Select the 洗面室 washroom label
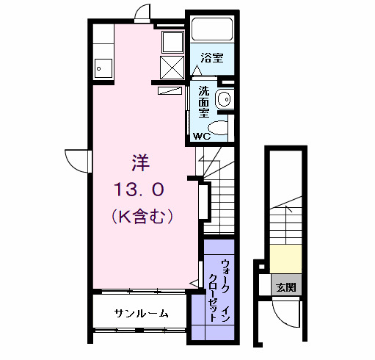[203, 104]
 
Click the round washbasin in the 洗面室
[224, 98]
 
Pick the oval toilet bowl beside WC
[223, 131]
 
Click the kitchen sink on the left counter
[101, 70]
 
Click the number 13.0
[140, 189]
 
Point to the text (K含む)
[142, 217]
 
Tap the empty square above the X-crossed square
[172, 40]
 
